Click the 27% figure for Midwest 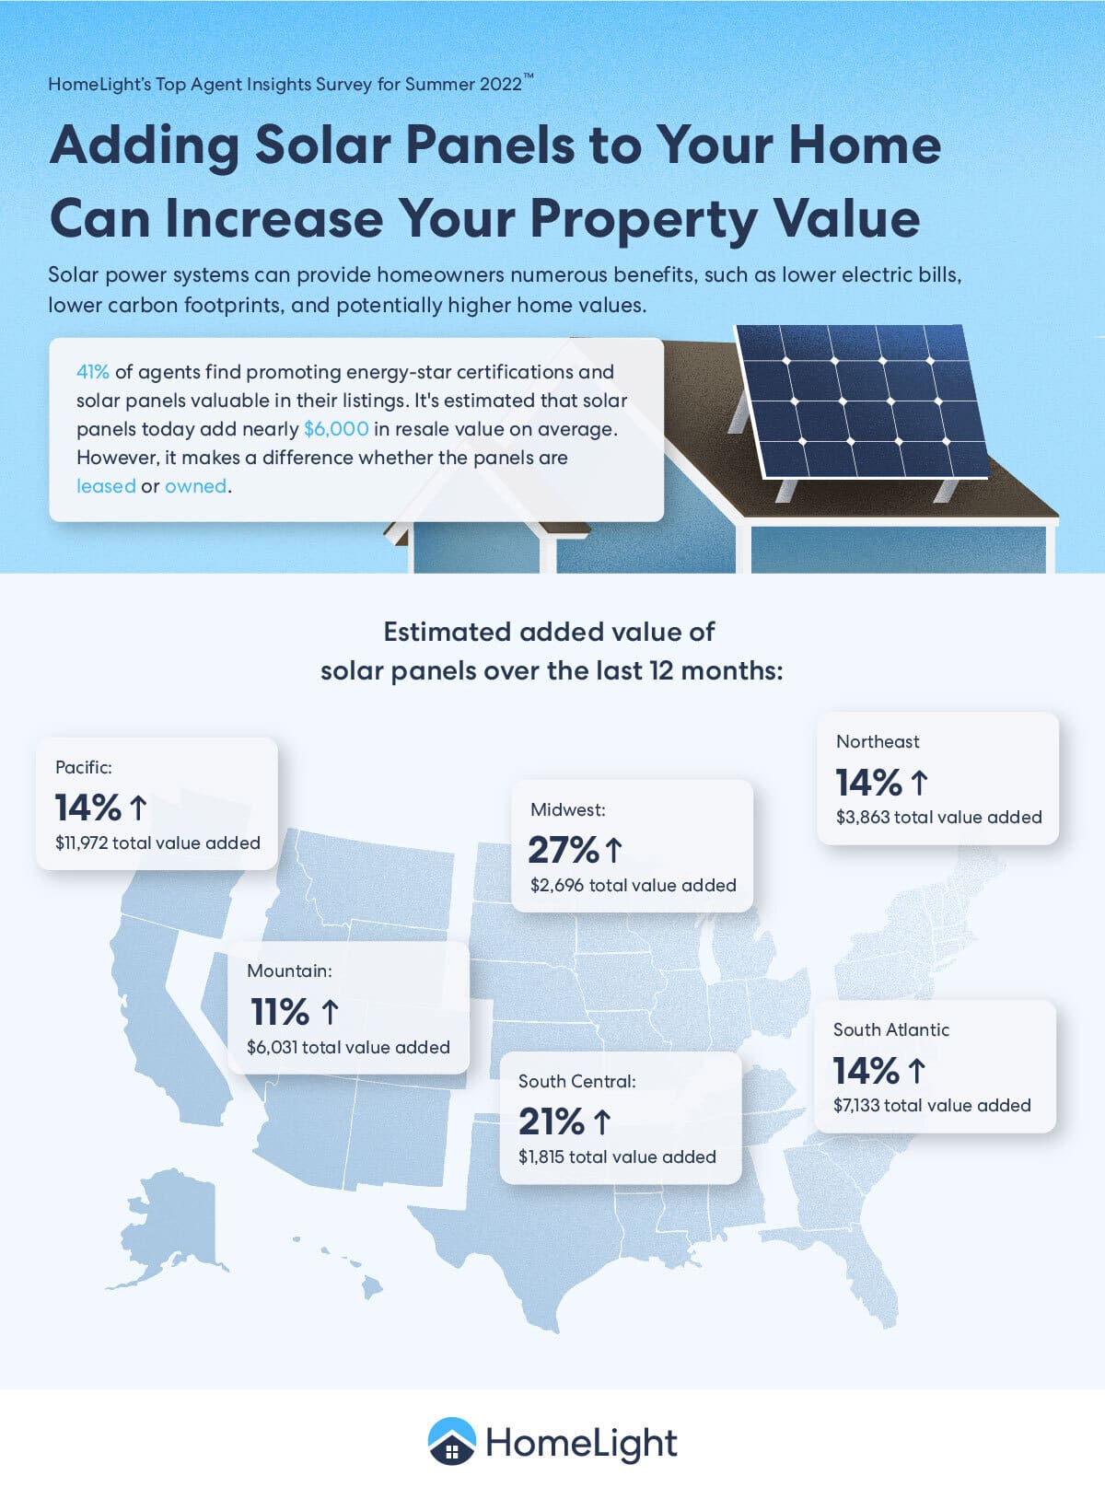pyautogui.click(x=564, y=850)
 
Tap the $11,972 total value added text pyautogui.click(x=157, y=842)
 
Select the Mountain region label pyautogui.click(x=289, y=970)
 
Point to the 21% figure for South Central pyautogui.click(x=552, y=1121)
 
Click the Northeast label pyautogui.click(x=878, y=741)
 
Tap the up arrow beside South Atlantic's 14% pyautogui.click(x=916, y=1071)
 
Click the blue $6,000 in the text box pyautogui.click(x=336, y=429)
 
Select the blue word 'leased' pyautogui.click(x=106, y=486)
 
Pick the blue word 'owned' pyautogui.click(x=195, y=486)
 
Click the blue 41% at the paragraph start pyautogui.click(x=92, y=372)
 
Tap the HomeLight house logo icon pyautogui.click(x=451, y=1441)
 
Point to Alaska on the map pyautogui.click(x=175, y=1215)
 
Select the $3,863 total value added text pyautogui.click(x=938, y=817)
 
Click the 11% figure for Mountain pyautogui.click(x=280, y=1012)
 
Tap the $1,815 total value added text pyautogui.click(x=617, y=1156)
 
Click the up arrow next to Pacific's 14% pyautogui.click(x=138, y=808)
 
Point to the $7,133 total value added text pyautogui.click(x=932, y=1105)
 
